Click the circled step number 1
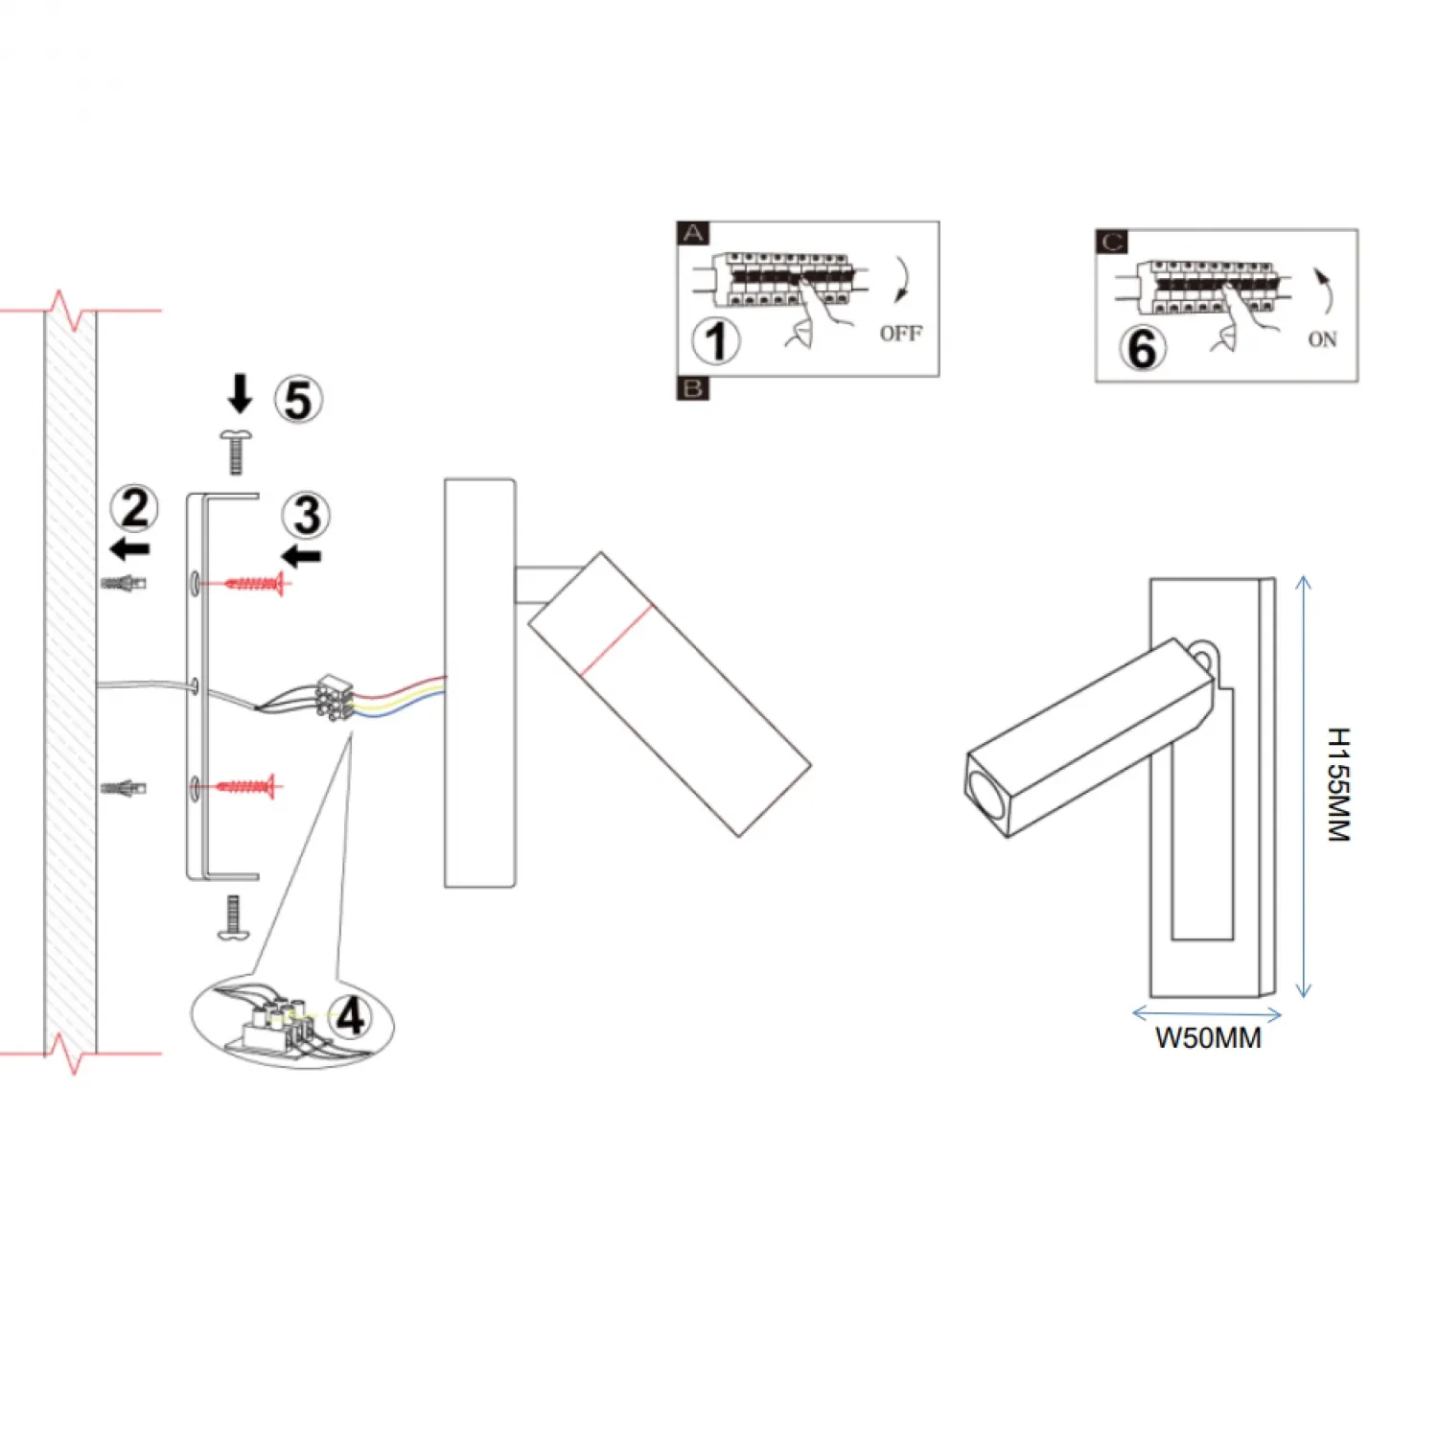[x=716, y=340]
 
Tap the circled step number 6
[x=1142, y=348]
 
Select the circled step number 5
[x=298, y=400]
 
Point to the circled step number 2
[x=134, y=508]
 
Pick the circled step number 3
[x=306, y=516]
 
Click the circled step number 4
[x=350, y=1016]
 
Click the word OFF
[x=900, y=334]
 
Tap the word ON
[x=1322, y=339]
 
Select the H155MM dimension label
[x=1339, y=785]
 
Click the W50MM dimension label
[x=1208, y=1038]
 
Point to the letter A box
[x=693, y=233]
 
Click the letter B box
[x=692, y=388]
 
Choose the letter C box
[x=1112, y=242]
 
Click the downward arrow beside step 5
[x=240, y=394]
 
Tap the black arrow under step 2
[x=130, y=549]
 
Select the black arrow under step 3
[x=303, y=556]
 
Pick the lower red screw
[x=247, y=787]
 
